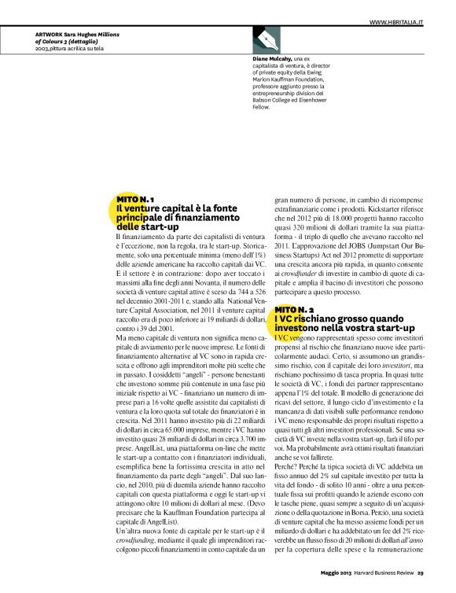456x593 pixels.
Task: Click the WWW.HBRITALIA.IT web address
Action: click(x=396, y=23)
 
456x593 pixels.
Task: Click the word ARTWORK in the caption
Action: click(x=50, y=35)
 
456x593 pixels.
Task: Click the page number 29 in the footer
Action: click(x=421, y=572)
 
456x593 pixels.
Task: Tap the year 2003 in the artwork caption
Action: click(x=43, y=48)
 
